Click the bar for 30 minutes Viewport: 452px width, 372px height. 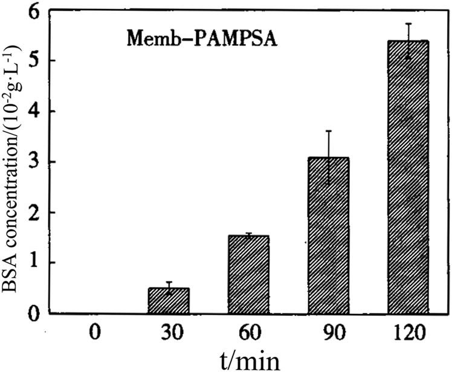(x=169, y=301)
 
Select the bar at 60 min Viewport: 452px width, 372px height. (x=248, y=274)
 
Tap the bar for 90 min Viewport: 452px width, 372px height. (x=328, y=235)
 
